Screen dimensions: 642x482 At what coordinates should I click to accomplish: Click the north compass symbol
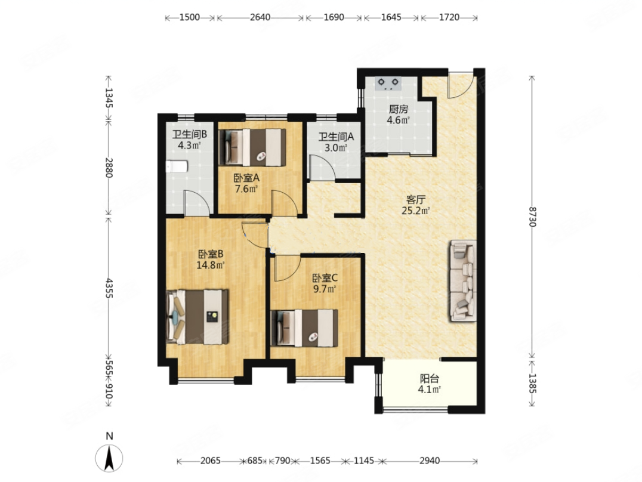[109, 457]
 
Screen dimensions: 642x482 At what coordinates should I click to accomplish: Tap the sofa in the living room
[464, 281]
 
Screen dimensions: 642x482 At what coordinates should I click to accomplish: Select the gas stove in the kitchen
[388, 84]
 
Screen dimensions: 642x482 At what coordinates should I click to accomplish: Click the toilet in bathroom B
[177, 166]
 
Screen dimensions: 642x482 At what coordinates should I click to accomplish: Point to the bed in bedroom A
[252, 147]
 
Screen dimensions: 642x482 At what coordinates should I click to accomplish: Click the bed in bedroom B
[197, 317]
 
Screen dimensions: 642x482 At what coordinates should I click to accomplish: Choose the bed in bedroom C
[304, 328]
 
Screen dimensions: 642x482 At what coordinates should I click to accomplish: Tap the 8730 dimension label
[532, 217]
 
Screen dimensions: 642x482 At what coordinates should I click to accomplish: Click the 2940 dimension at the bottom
[430, 461]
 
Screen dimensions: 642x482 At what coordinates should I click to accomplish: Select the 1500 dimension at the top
[190, 17]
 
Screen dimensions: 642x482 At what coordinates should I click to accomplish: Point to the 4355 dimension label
[109, 288]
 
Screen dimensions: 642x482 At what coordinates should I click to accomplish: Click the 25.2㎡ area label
[416, 211]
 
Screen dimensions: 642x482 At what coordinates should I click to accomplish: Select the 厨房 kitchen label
[399, 109]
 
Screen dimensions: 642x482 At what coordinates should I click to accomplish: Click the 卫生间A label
[336, 137]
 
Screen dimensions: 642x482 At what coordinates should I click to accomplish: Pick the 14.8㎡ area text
[211, 265]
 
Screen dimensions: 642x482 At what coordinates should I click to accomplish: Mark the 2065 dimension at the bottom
[211, 461]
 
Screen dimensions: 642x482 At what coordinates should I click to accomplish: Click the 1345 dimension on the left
[109, 98]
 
